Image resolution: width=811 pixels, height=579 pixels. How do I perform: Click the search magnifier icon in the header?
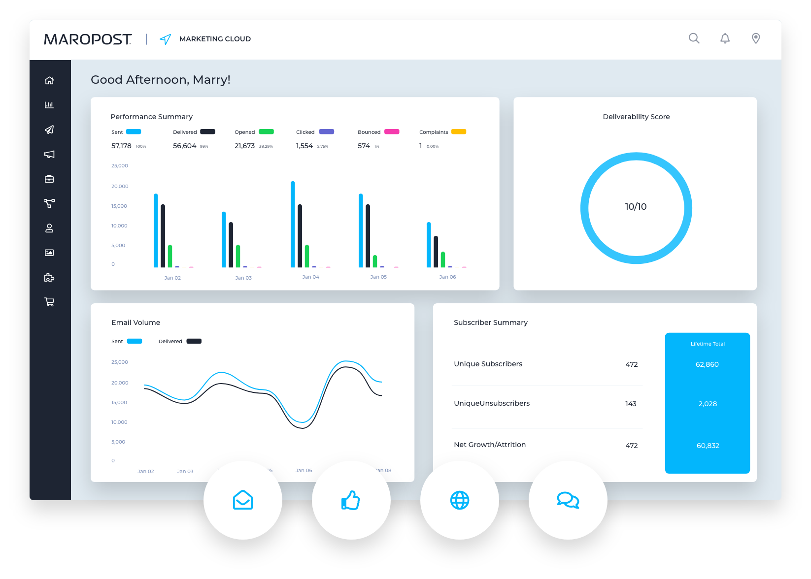point(694,38)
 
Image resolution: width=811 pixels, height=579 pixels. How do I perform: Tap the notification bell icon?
point(725,38)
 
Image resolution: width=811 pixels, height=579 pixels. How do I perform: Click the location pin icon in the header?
point(756,38)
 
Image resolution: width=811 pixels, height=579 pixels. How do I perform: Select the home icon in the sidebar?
point(49,80)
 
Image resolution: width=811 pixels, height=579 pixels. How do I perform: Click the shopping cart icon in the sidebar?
point(49,302)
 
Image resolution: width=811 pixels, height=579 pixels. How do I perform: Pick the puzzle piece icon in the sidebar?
point(49,277)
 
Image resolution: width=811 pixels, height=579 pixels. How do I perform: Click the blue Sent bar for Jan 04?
point(293,224)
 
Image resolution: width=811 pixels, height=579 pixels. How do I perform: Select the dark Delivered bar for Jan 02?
point(163,236)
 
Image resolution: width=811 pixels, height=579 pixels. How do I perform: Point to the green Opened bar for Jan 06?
point(443,259)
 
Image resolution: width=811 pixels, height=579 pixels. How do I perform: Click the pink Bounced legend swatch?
point(392,131)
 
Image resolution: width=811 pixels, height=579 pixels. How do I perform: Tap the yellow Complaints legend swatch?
point(459,131)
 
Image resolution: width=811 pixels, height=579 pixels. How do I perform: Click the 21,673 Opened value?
point(244,146)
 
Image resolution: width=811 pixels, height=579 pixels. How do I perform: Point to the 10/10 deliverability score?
point(636,207)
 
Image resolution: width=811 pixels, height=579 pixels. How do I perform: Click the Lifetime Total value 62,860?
point(707,364)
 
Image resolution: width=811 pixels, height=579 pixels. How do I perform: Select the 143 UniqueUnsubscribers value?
point(631,404)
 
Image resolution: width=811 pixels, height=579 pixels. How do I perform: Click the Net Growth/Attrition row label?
point(490,445)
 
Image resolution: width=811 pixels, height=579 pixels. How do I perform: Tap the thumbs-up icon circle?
point(351,500)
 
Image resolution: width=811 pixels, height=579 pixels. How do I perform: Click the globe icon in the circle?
point(460,500)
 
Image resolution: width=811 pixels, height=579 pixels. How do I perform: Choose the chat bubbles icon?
point(568,500)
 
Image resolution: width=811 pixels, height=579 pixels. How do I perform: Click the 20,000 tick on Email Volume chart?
point(120,383)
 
